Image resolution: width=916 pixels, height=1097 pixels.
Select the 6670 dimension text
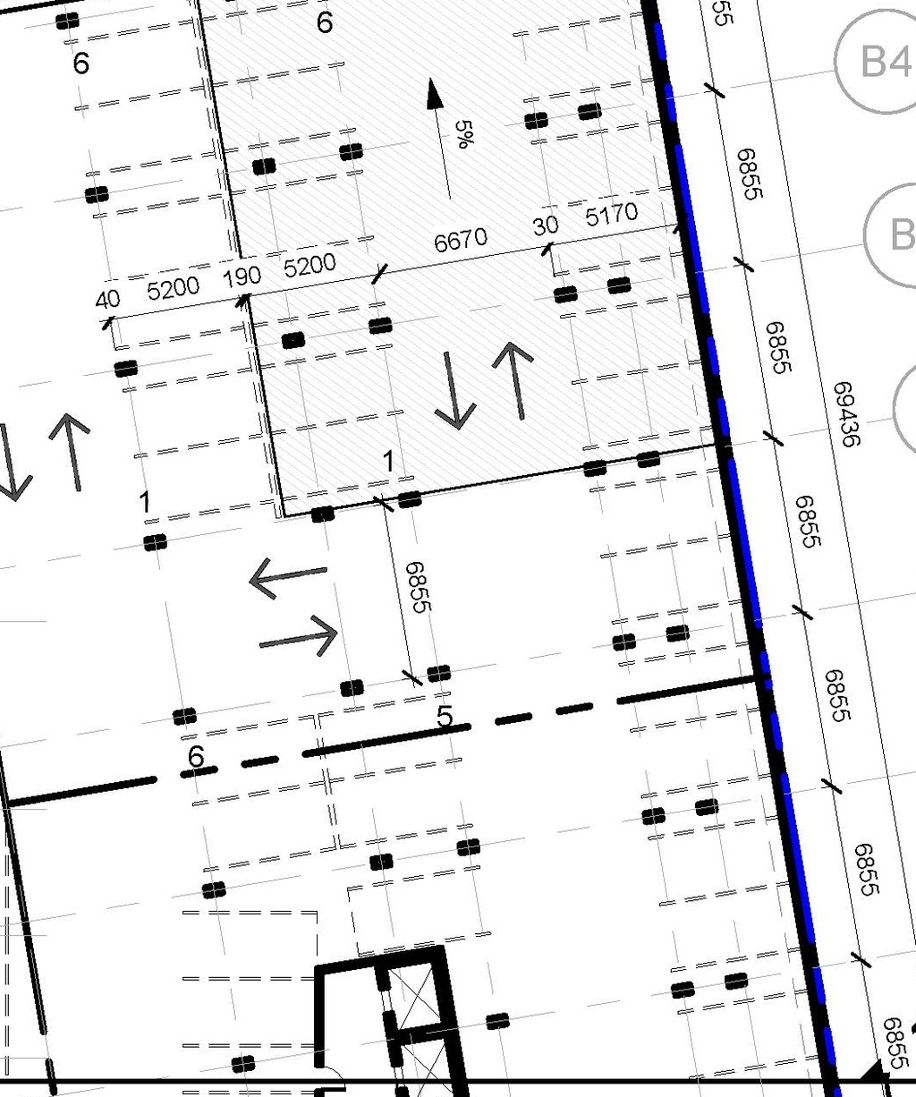(461, 240)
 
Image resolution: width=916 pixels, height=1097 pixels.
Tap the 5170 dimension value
(612, 214)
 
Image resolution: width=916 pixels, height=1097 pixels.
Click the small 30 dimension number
(546, 225)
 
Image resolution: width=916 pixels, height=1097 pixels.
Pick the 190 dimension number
(242, 276)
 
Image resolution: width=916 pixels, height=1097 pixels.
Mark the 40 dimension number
(107, 298)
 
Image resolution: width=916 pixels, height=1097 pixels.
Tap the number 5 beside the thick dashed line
(445, 717)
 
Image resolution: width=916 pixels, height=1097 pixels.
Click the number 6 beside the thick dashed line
(197, 757)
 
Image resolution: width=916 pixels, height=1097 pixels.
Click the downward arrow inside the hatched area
(454, 389)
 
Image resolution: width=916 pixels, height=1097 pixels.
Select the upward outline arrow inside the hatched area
(513, 379)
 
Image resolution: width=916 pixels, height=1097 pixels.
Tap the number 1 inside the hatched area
(388, 462)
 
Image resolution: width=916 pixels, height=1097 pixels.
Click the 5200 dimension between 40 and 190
(173, 288)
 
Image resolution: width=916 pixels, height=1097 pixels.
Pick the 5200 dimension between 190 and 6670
(310, 265)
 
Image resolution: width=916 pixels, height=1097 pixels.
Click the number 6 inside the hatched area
(325, 22)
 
